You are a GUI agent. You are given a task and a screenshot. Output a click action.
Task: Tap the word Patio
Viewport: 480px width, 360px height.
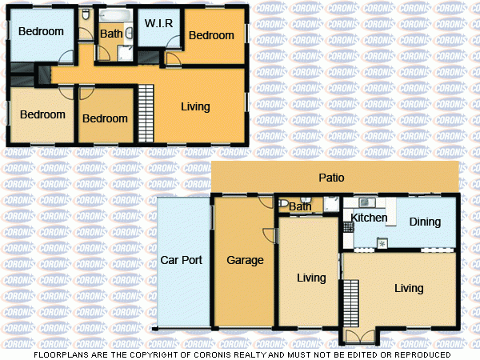[331, 178]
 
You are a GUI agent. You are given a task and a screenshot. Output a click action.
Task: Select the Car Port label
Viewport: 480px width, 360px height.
[182, 260]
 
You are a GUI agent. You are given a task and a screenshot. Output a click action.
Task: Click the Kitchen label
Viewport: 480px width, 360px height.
[369, 218]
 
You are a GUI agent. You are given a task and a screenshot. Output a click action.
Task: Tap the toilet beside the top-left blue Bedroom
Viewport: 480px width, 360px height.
[86, 15]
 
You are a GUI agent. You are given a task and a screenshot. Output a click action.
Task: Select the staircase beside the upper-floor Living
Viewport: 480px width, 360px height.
[146, 112]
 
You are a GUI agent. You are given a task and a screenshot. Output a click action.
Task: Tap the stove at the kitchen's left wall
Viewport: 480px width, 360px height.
[348, 226]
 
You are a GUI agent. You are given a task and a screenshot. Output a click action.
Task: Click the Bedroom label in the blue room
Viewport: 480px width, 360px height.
[41, 32]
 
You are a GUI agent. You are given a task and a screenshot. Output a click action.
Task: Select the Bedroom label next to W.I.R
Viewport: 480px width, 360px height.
[211, 35]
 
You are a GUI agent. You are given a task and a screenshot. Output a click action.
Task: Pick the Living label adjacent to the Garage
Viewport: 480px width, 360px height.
[311, 278]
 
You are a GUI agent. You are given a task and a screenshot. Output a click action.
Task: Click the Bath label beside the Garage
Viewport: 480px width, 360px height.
[300, 208]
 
